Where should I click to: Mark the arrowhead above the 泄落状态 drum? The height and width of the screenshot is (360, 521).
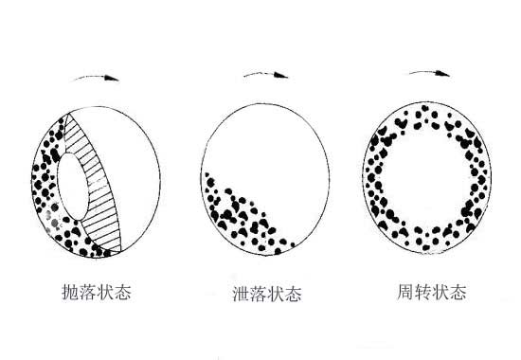[x=281, y=74]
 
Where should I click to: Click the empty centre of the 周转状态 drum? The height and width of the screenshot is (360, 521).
[x=426, y=180]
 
